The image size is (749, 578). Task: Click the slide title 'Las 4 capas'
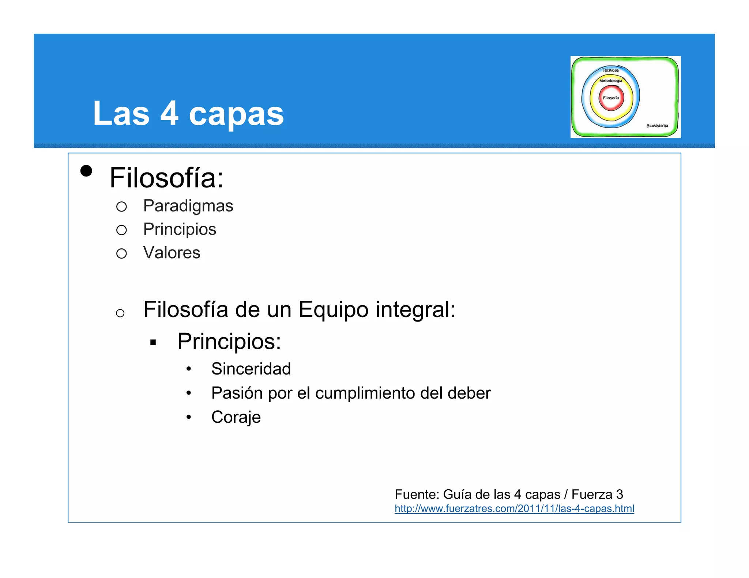click(x=188, y=114)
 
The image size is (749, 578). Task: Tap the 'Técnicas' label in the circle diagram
click(x=610, y=70)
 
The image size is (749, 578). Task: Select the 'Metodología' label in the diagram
click(x=610, y=81)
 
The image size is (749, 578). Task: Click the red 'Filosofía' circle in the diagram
click(x=611, y=98)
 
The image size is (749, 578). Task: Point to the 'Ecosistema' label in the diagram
click(x=657, y=126)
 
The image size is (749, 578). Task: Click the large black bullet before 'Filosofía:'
click(x=86, y=171)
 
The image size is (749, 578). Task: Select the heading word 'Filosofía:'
click(x=166, y=178)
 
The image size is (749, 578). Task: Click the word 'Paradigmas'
click(x=188, y=206)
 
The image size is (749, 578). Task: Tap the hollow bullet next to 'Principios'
click(x=121, y=230)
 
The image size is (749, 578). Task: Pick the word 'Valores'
click(x=172, y=253)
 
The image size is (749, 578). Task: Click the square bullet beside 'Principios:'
click(x=153, y=343)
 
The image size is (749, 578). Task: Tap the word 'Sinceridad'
click(x=251, y=369)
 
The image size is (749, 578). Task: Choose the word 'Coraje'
click(x=236, y=417)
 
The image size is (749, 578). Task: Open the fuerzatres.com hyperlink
click(x=514, y=509)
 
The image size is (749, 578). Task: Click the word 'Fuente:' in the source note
click(x=417, y=494)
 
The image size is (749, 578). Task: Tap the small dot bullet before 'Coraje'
click(x=189, y=417)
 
